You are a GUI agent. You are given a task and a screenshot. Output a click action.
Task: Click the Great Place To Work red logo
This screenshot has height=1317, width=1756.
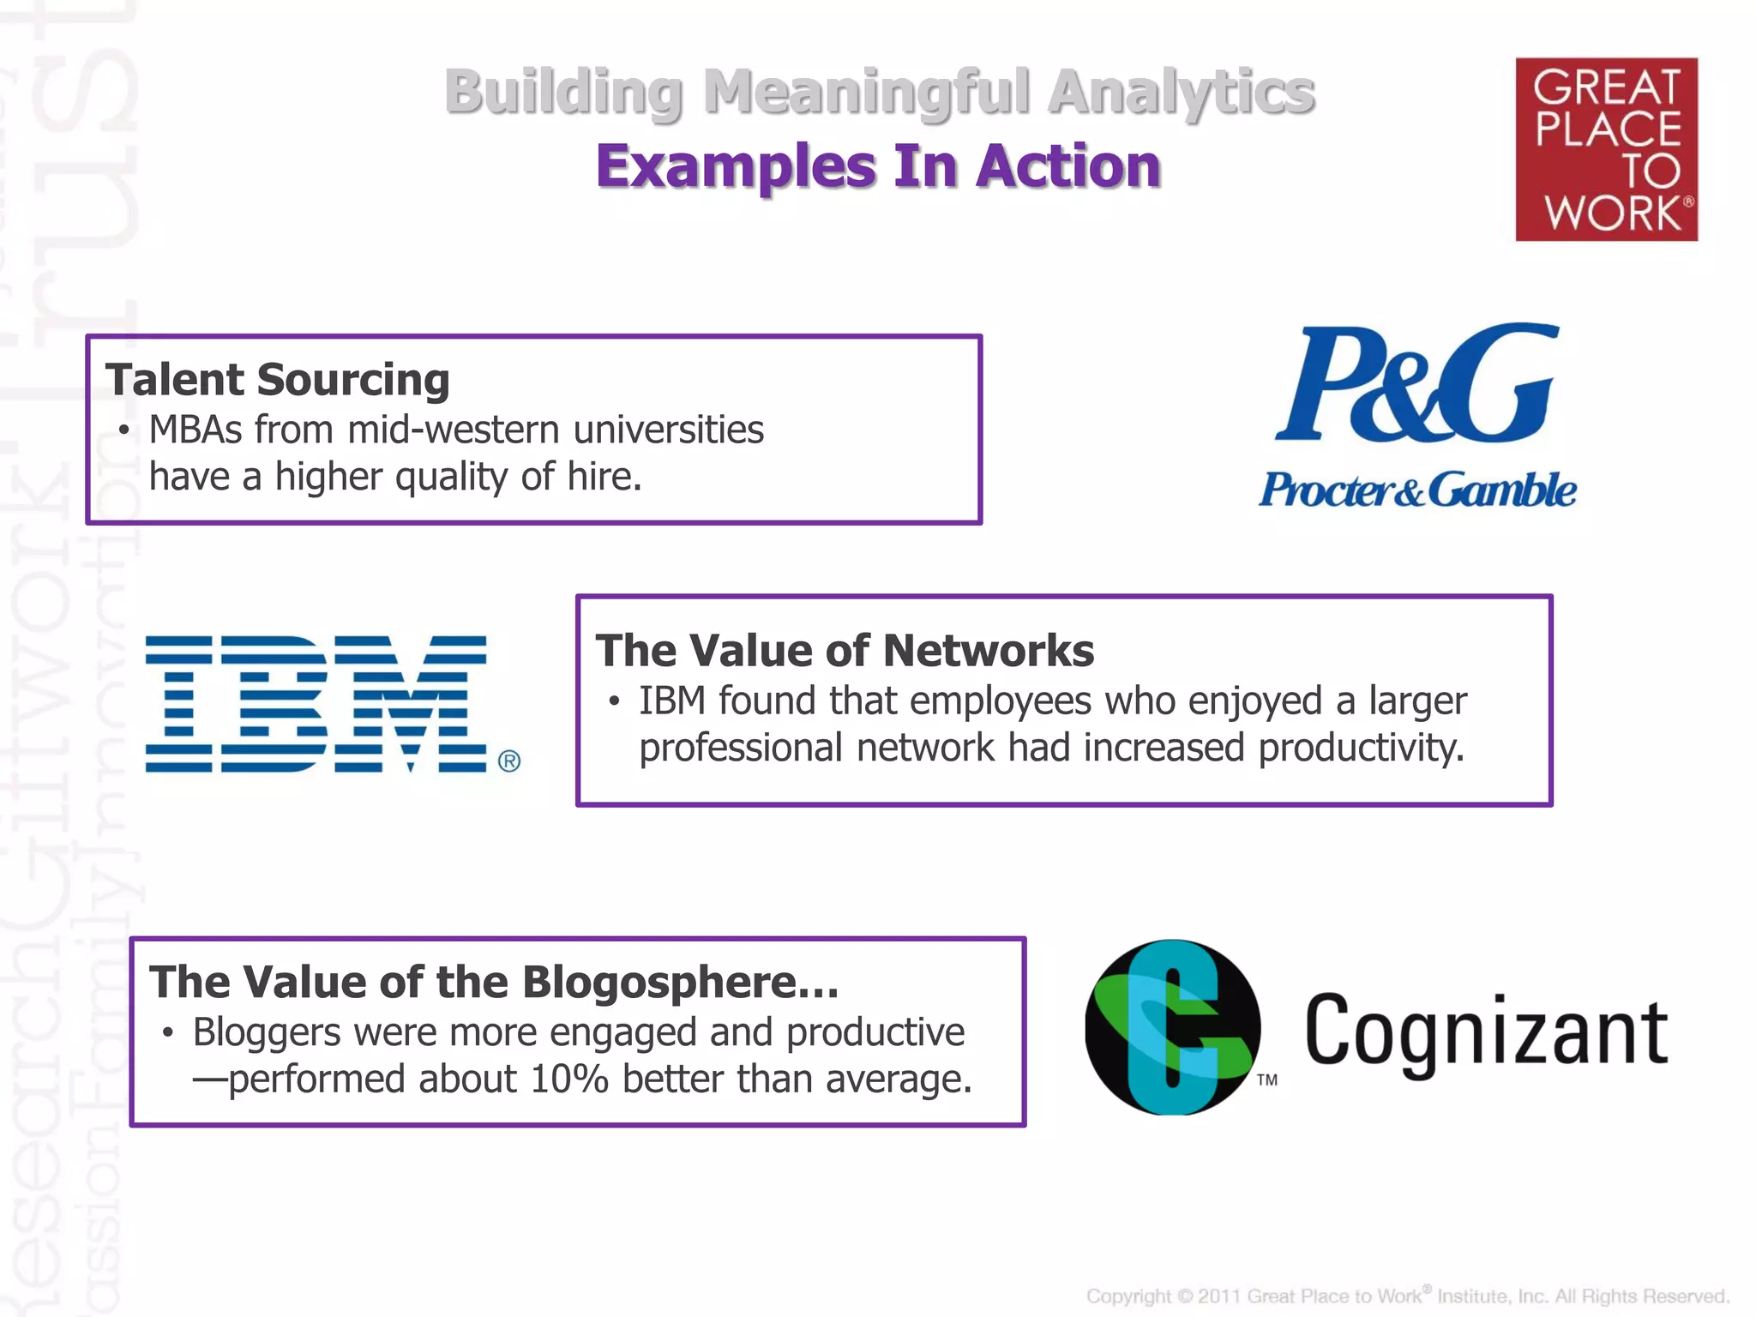tap(1606, 149)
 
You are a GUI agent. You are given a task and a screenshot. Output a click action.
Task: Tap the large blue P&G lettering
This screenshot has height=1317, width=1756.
tap(1416, 384)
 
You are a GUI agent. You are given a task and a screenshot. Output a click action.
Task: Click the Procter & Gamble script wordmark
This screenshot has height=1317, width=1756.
tap(1416, 490)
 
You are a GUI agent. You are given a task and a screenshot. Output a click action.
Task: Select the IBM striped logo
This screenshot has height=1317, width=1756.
tap(316, 703)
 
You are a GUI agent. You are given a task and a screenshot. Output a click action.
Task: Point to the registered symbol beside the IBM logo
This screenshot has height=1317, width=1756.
tap(509, 761)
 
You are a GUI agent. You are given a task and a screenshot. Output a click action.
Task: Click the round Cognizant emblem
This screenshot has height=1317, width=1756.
tap(1172, 1027)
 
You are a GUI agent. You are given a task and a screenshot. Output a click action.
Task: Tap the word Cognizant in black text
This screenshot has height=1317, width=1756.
tap(1486, 1031)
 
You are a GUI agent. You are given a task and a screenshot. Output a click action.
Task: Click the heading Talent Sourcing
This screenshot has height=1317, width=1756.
tap(278, 380)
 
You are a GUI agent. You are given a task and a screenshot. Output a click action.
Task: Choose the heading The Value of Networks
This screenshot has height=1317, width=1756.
tap(845, 651)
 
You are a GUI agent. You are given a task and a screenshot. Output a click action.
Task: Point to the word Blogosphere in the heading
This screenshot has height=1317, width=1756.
tap(681, 982)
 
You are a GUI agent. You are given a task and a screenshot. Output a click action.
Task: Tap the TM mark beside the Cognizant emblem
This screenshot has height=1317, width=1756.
tap(1267, 1080)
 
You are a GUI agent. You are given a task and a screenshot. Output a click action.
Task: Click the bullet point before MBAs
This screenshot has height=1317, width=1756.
tap(125, 430)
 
